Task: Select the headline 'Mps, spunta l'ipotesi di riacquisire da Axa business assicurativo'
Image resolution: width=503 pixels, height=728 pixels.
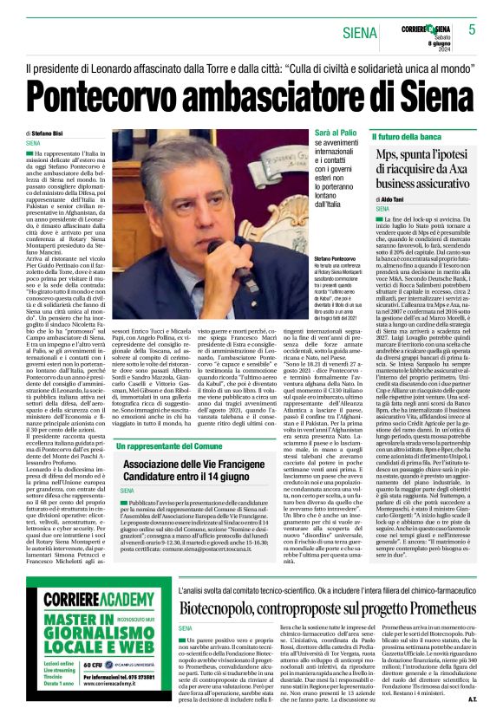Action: point(422,167)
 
